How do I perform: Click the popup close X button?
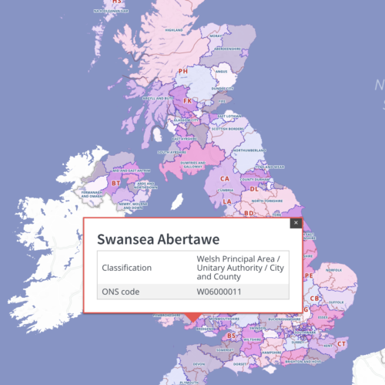294,223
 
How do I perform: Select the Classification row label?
129,268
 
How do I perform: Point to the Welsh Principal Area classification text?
238,268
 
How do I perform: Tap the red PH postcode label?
183,72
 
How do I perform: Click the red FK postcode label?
187,101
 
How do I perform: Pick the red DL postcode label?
254,188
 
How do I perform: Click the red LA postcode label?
227,201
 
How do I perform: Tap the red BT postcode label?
116,183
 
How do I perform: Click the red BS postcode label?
232,336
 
